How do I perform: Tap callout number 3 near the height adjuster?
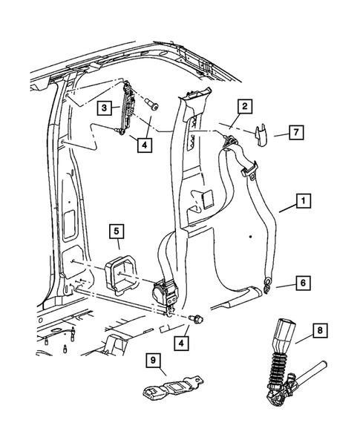pos(105,108)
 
